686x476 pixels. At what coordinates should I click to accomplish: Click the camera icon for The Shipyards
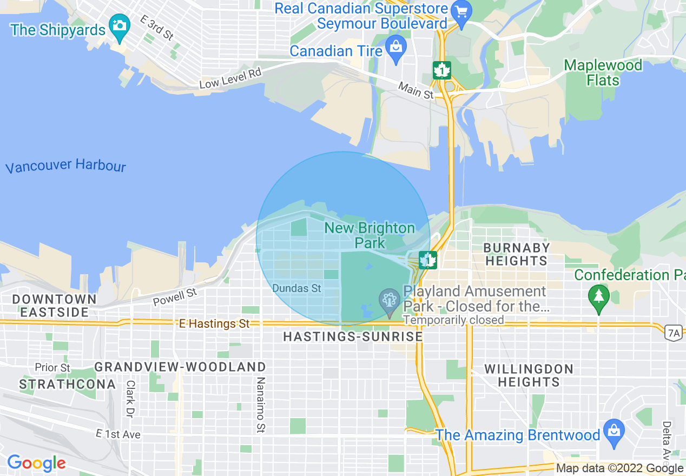(119, 26)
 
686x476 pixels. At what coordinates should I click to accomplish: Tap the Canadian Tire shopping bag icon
(397, 48)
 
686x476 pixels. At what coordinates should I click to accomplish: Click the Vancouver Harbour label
(65, 166)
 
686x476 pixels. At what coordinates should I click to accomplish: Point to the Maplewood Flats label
(603, 73)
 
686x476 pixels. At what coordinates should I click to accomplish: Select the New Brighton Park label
(370, 235)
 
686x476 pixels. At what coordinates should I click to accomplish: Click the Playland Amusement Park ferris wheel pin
(389, 301)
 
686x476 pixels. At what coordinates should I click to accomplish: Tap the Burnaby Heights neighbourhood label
(516, 254)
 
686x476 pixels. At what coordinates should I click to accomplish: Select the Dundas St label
(297, 288)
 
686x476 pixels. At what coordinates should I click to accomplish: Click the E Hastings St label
(215, 323)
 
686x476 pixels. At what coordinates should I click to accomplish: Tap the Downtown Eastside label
(54, 306)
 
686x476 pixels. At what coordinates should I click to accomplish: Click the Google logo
(36, 463)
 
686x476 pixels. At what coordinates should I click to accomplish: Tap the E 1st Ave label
(118, 434)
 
